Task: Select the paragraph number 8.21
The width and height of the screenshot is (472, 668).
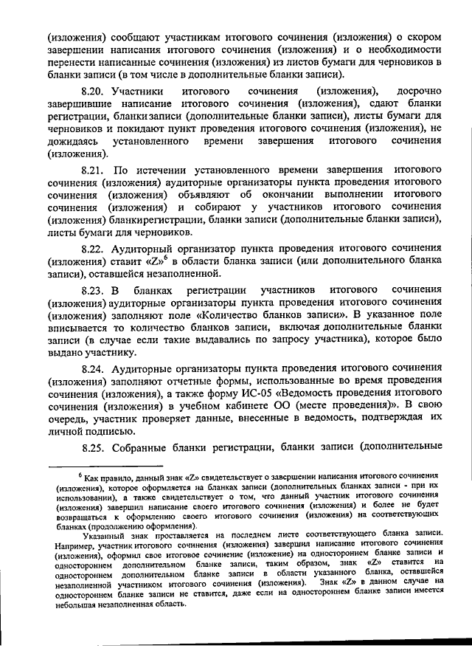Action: coord(94,168)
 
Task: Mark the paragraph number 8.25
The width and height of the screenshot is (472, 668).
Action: coord(94,447)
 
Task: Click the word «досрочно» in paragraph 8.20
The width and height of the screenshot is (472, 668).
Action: coord(418,92)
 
